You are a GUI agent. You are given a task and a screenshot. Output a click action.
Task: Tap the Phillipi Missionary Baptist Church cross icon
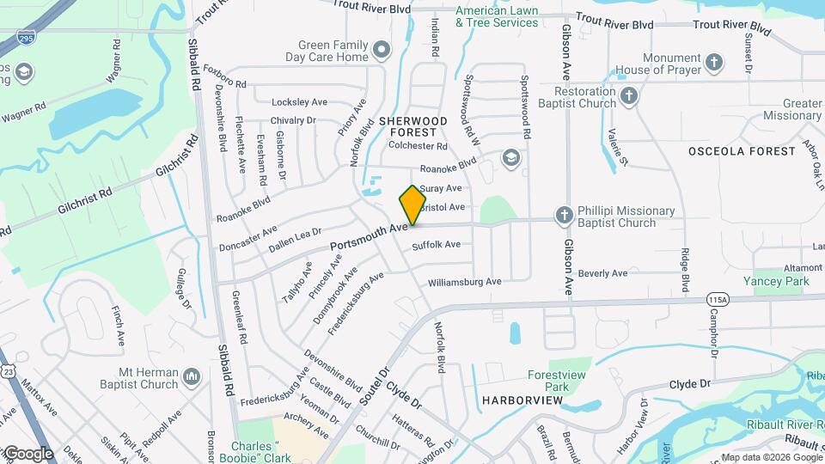(x=564, y=215)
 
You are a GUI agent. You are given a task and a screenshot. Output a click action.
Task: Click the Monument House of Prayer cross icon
(x=714, y=62)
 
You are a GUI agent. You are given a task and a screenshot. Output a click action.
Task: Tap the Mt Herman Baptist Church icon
(x=192, y=375)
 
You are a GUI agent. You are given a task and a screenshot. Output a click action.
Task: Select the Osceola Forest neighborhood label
(x=742, y=151)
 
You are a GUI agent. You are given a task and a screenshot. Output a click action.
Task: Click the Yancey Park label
(x=778, y=281)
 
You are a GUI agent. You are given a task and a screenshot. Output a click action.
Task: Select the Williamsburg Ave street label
(x=464, y=282)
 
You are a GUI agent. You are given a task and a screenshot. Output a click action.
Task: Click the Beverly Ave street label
(x=602, y=273)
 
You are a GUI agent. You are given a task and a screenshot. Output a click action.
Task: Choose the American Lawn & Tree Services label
(x=497, y=16)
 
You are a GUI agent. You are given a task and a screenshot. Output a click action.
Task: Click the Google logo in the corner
(x=27, y=454)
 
